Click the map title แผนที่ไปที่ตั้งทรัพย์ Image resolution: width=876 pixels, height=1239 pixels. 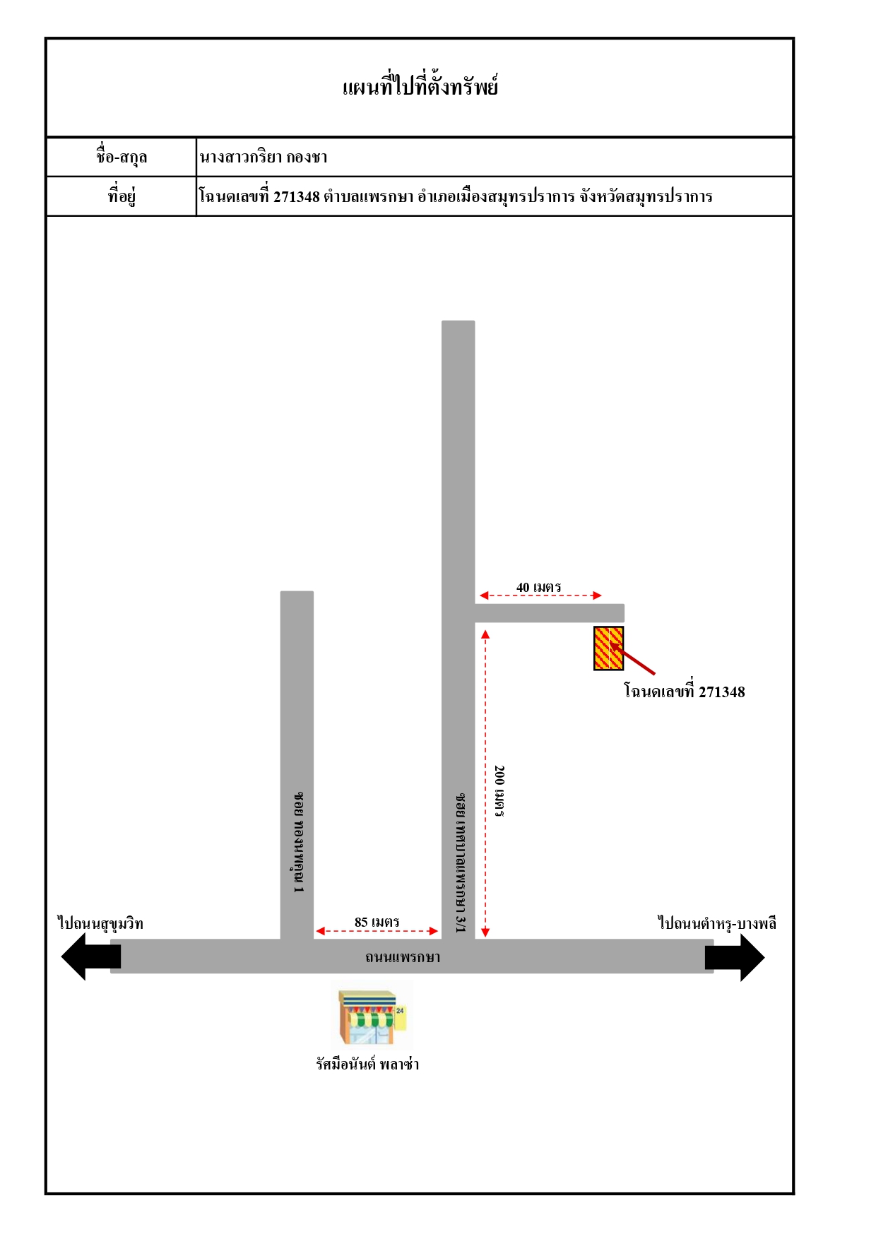(x=420, y=86)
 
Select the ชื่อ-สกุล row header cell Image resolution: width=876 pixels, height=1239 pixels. (x=122, y=157)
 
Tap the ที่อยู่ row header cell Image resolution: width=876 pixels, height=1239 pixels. (x=122, y=196)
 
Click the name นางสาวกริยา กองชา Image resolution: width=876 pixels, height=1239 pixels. (x=264, y=157)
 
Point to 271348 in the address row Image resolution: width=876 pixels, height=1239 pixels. (x=297, y=196)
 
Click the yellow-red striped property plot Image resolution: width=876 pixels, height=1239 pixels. (x=608, y=648)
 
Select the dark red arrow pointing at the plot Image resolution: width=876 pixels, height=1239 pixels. (x=633, y=658)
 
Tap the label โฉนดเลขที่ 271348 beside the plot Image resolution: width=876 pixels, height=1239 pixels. (x=684, y=691)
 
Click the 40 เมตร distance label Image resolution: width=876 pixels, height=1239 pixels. (x=538, y=587)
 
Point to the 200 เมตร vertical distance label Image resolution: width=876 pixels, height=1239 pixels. (x=499, y=791)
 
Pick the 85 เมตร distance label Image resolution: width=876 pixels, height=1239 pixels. (x=377, y=922)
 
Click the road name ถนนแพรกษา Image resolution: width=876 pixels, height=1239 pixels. (x=403, y=957)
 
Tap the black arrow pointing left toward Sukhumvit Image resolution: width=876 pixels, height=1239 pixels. (x=91, y=956)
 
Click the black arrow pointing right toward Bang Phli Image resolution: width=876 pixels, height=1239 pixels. (x=735, y=958)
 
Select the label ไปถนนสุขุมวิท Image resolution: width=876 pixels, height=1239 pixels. (x=100, y=923)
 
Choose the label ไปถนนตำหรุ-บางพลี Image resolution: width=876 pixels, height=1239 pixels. (x=717, y=923)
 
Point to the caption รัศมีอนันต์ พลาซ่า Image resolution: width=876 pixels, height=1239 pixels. (x=367, y=1064)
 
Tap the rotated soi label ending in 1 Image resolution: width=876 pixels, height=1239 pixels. (x=299, y=842)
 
